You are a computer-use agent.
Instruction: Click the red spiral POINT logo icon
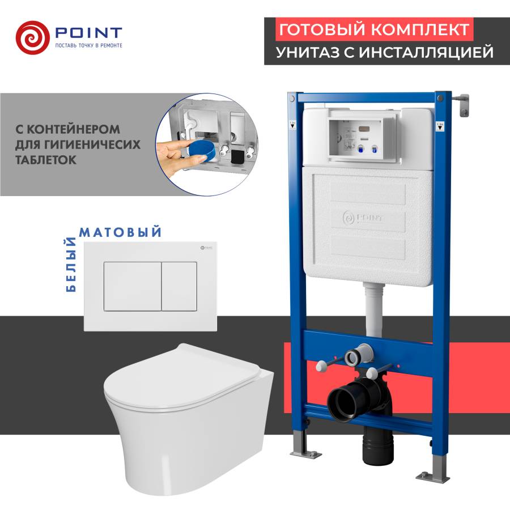pos(32,37)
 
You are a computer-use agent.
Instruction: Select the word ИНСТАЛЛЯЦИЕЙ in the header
pos(431,53)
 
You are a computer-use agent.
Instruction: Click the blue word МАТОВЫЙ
pos(121,232)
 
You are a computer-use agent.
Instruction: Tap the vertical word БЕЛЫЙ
pos(71,264)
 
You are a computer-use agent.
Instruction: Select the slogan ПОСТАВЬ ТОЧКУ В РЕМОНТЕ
pos(88,45)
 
